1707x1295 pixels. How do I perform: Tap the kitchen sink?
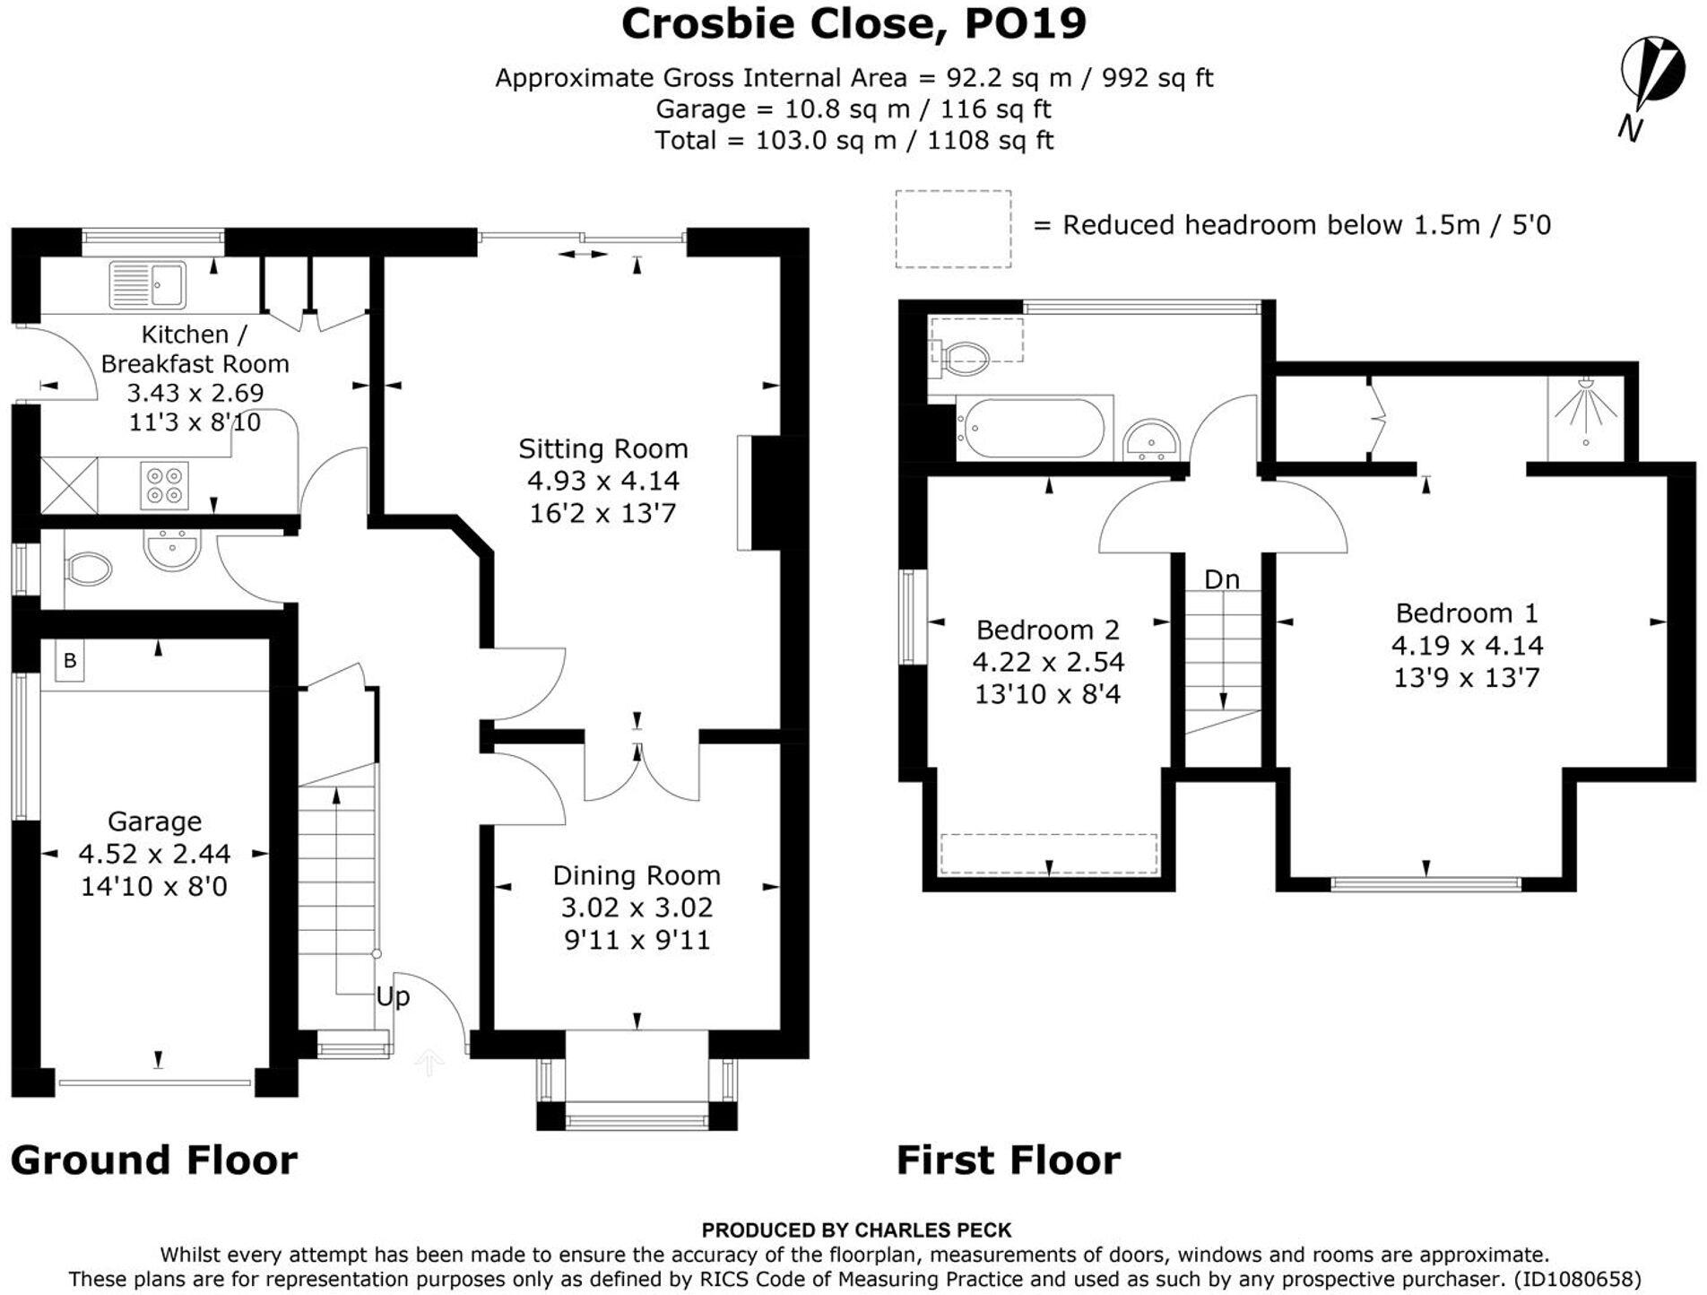(x=147, y=284)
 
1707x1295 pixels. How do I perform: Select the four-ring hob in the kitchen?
(x=165, y=485)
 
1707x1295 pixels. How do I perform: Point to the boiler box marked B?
(x=69, y=661)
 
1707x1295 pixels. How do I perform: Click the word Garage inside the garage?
(x=154, y=821)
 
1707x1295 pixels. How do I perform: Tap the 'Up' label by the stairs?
(x=393, y=996)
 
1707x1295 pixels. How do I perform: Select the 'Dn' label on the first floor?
(x=1222, y=580)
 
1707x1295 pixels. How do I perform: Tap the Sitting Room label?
(x=602, y=448)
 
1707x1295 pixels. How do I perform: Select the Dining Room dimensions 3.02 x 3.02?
(x=637, y=908)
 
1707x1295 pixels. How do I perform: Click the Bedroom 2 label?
(x=1047, y=630)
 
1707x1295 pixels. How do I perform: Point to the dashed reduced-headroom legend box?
(x=953, y=229)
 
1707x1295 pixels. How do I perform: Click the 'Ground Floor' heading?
(x=154, y=1160)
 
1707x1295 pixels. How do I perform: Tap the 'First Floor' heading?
(x=1009, y=1160)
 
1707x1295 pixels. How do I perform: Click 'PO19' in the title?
(x=1025, y=24)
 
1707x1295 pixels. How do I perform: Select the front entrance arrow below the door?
(x=429, y=1063)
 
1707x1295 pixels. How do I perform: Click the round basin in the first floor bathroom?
(x=1151, y=439)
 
